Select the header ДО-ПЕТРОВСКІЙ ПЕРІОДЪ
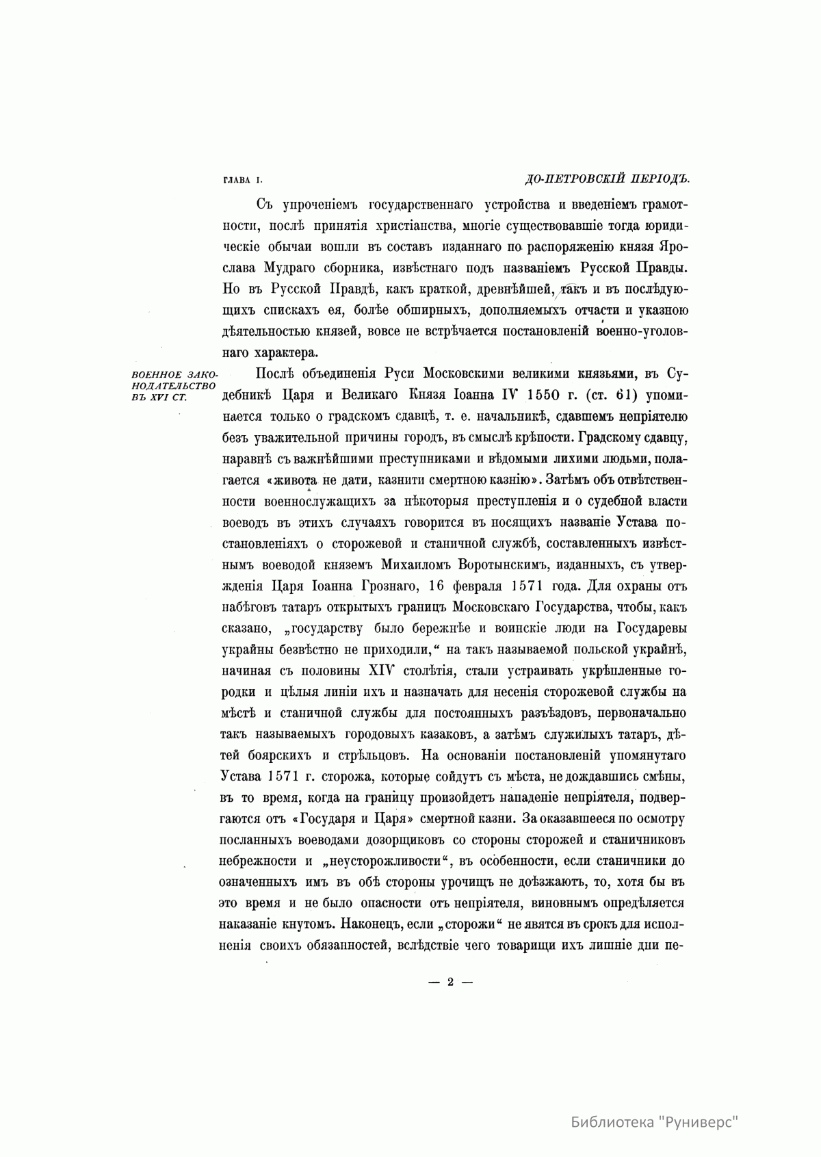pyautogui.click(x=605, y=179)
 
